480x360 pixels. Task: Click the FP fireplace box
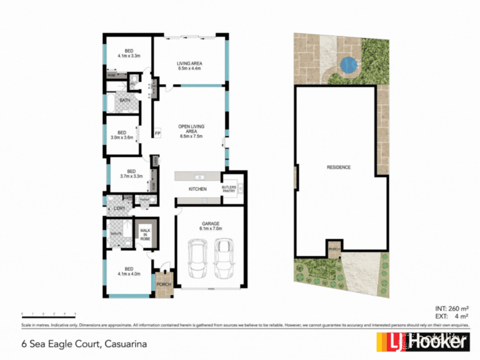158,133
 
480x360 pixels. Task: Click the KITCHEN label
198,189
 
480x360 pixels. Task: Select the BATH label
125,101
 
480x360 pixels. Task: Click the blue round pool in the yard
349,64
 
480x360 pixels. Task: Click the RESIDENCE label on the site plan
339,167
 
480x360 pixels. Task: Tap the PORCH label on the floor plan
164,284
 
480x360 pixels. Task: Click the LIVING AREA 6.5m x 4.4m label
190,66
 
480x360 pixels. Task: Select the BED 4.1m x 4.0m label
129,271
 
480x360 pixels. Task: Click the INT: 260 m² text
451,309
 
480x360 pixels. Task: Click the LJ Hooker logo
423,342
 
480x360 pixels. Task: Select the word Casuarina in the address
124,343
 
